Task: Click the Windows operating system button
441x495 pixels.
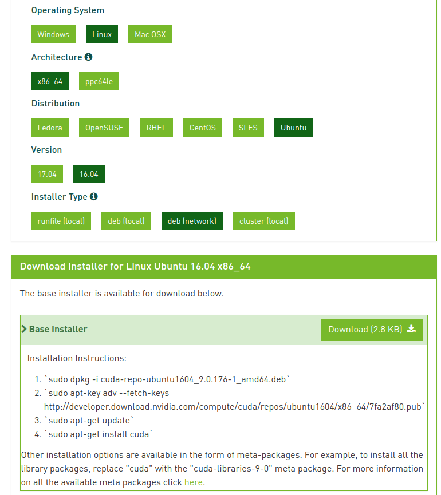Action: (53, 34)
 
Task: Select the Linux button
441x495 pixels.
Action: (102, 34)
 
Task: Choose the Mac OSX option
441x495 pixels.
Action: (150, 34)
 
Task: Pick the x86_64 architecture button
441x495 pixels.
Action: (50, 81)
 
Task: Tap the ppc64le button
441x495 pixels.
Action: (99, 81)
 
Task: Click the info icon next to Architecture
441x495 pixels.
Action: (88, 57)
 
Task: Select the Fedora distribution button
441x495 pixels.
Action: (50, 128)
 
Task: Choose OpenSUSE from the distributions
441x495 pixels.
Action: (104, 128)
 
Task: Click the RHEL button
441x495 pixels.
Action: (156, 128)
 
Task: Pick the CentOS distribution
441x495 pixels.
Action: (203, 128)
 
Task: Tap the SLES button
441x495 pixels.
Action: (248, 128)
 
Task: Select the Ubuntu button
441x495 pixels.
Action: (293, 128)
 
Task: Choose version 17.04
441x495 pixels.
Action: (47, 174)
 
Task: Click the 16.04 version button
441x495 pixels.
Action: (89, 174)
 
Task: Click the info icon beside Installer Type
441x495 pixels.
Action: (94, 196)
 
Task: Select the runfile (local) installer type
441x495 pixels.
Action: (61, 221)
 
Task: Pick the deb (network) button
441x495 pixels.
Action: (192, 221)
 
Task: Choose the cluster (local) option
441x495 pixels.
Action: (263, 221)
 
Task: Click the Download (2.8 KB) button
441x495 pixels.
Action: (372, 330)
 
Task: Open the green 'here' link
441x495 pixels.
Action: (193, 482)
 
